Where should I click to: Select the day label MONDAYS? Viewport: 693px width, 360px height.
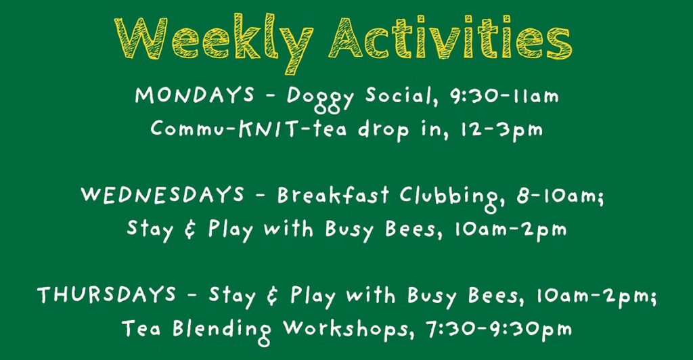(x=195, y=95)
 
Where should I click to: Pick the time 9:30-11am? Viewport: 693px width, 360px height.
(x=504, y=96)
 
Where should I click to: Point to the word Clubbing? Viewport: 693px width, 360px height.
(x=451, y=198)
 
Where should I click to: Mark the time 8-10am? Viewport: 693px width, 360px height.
(x=559, y=196)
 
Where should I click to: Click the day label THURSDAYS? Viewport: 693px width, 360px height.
(x=106, y=294)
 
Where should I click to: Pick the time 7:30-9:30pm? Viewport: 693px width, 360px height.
(x=499, y=330)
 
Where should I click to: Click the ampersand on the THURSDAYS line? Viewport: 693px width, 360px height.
(x=273, y=296)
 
